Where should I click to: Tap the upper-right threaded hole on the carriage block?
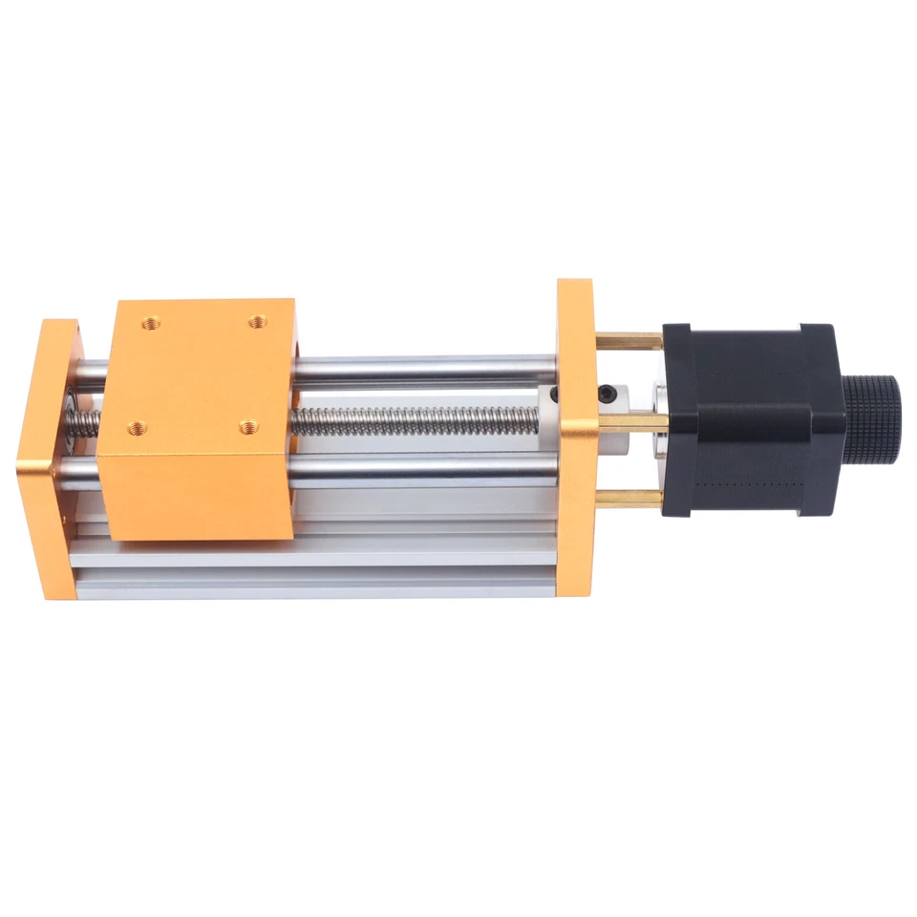coord(257,322)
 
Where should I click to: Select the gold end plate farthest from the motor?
coord(46,458)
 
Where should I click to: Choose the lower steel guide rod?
coord(420,469)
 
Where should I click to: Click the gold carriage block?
coord(201,420)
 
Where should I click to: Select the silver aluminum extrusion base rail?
coord(315,564)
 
